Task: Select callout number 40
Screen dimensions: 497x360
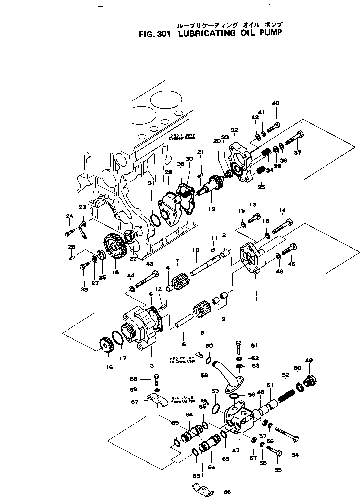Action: coord(276,103)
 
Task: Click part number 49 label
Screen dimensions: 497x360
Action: coord(309,361)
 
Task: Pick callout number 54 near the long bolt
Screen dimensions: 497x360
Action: coord(295,454)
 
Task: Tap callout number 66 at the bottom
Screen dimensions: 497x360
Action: coord(227,492)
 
